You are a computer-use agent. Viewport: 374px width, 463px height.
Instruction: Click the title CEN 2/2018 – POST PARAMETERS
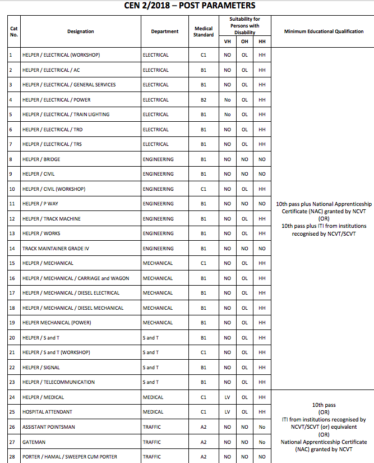click(190, 6)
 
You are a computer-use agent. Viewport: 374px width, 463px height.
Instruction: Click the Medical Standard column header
click(204, 31)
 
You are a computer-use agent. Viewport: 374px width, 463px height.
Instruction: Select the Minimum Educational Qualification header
click(324, 31)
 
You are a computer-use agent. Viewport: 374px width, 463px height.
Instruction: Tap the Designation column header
click(81, 31)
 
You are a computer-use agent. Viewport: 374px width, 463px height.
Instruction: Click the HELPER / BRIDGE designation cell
click(41, 159)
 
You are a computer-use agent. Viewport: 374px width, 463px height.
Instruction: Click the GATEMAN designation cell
click(34, 442)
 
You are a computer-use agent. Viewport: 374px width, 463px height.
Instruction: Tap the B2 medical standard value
click(204, 100)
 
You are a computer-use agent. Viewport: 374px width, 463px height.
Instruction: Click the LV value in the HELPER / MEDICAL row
click(227, 397)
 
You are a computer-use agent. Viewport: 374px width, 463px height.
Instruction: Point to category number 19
click(12, 323)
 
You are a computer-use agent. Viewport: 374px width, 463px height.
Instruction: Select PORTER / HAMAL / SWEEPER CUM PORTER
click(70, 457)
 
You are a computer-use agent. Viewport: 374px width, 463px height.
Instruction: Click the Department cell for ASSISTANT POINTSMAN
click(151, 427)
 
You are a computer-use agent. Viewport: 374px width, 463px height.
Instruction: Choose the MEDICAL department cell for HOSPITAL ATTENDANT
click(153, 412)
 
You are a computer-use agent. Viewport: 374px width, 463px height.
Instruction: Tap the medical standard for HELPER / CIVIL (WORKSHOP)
click(204, 189)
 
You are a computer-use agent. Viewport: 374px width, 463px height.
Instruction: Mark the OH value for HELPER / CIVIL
click(244, 174)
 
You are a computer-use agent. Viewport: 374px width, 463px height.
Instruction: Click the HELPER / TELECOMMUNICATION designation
click(58, 382)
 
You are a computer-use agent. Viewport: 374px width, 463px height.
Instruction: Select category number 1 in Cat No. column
click(11, 55)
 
